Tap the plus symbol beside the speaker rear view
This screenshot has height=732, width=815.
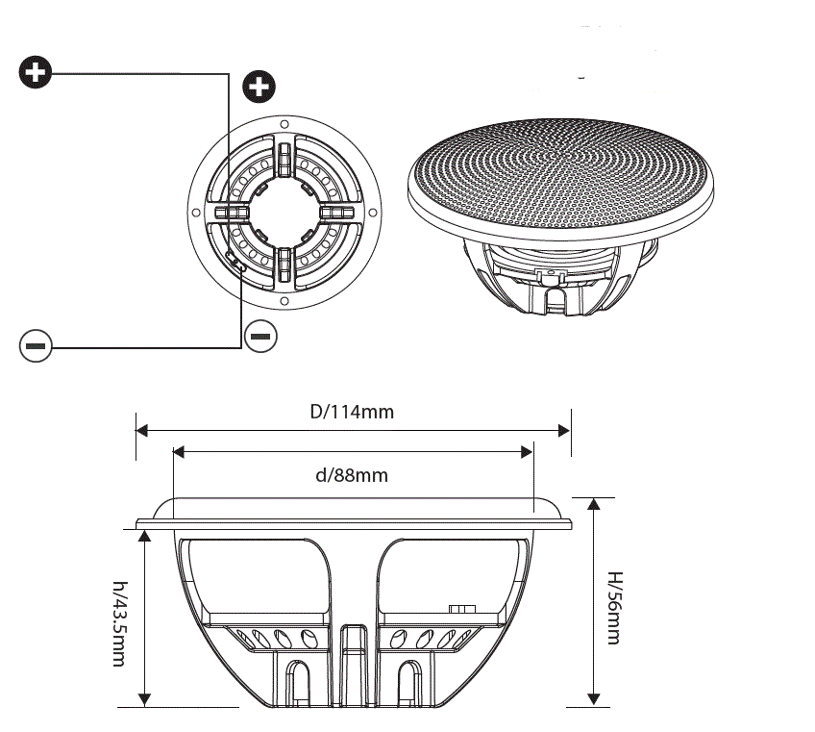[x=258, y=87]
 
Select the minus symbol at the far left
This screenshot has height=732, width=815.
[x=35, y=344]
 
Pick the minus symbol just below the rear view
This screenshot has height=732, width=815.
[x=261, y=336]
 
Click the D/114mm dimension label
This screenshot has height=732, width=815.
[x=352, y=412]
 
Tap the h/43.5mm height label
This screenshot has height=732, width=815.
[x=119, y=624]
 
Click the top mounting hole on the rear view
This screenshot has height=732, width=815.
[x=284, y=124]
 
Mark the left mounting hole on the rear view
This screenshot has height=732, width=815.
[x=196, y=212]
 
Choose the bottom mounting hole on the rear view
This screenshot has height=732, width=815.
[x=284, y=299]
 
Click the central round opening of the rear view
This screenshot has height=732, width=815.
[x=284, y=212]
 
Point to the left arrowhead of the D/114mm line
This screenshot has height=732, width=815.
[x=142, y=430]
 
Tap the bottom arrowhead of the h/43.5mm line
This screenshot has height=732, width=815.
[x=145, y=699]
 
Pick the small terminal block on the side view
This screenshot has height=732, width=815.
[x=462, y=609]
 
